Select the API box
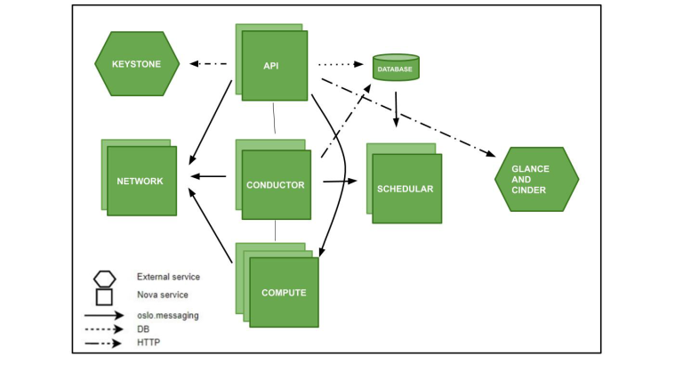pyautogui.click(x=274, y=65)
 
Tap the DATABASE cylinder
pyautogui.click(x=396, y=69)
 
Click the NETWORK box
pyautogui.click(x=141, y=181)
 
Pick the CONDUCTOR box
pyautogui.click(x=277, y=185)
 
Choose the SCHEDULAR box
pyautogui.click(x=406, y=189)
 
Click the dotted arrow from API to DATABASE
pyautogui.click(x=343, y=64)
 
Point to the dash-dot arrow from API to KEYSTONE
pyautogui.click(x=206, y=64)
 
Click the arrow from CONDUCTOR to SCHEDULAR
pyautogui.click(x=339, y=182)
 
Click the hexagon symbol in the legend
pyautogui.click(x=104, y=277)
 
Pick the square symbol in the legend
pyautogui.click(x=104, y=295)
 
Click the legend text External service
pyautogui.click(x=168, y=277)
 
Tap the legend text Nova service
pyautogui.click(x=162, y=295)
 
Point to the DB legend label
pyautogui.click(x=143, y=328)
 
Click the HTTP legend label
pyautogui.click(x=148, y=343)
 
